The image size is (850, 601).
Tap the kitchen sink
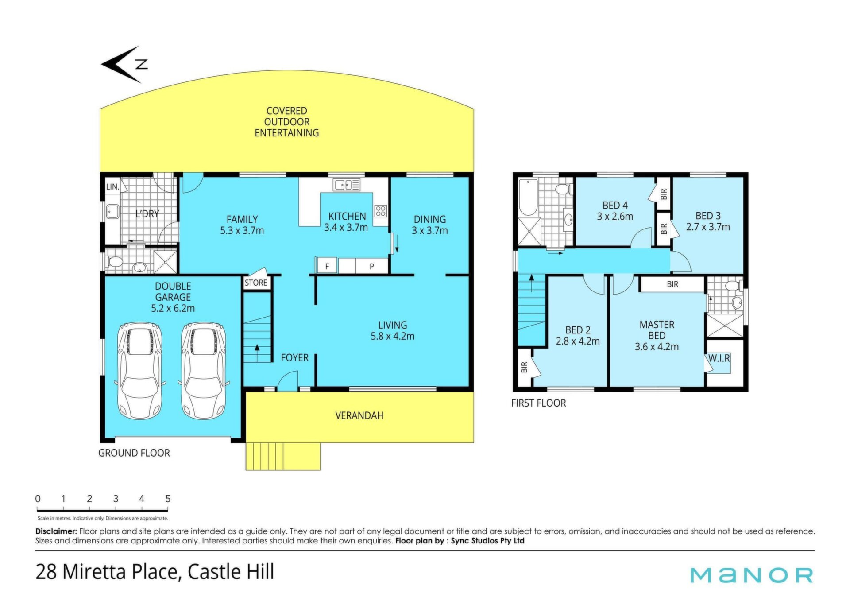pos(347,184)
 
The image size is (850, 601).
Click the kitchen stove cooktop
pos(381,211)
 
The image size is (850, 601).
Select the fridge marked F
pos(327,266)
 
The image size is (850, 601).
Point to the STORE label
pos(256,283)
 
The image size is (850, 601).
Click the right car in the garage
pos(204,371)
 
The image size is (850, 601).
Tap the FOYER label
pos(295,357)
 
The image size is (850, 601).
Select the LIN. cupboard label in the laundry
pos(112,186)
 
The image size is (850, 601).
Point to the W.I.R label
pos(719,358)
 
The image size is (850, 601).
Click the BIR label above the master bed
pos(672,284)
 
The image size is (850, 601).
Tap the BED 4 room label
pos(615,206)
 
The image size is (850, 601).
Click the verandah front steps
pos(283,456)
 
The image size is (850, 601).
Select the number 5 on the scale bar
pos(168,499)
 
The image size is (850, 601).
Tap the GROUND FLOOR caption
pos(134,453)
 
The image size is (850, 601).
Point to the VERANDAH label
pos(359,415)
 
